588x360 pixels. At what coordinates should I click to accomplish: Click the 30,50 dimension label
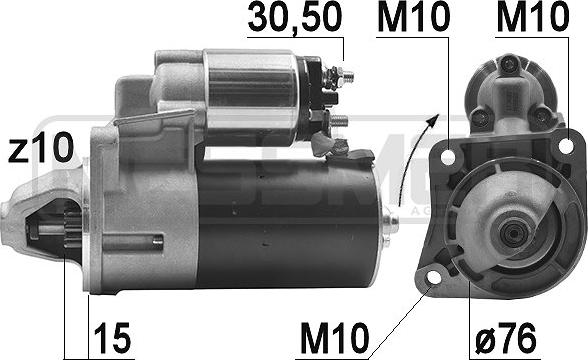tap(294, 18)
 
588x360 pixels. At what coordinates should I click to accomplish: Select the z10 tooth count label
tap(40, 148)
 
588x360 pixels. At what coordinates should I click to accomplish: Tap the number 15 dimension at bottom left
tap(112, 338)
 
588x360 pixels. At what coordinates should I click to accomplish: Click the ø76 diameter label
tap(506, 338)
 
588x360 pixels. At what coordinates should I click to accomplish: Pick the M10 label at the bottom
tap(334, 338)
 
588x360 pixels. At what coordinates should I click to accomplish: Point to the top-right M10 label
tap(532, 17)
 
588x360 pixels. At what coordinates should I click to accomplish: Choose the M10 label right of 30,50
tap(414, 17)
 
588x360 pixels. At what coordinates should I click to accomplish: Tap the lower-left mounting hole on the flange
tap(434, 278)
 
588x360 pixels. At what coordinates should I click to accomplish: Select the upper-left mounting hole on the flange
tap(448, 157)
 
